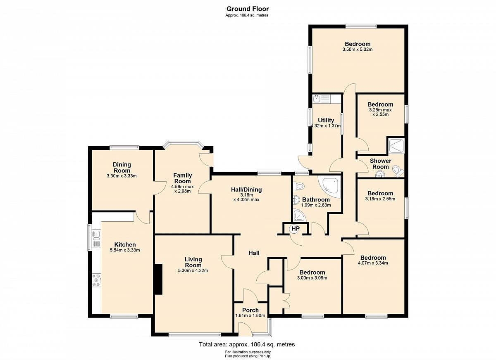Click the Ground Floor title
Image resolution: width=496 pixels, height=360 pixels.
pyautogui.click(x=248, y=9)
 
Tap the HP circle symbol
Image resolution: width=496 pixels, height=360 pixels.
pyautogui.click(x=296, y=229)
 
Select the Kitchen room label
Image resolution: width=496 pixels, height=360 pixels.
pyautogui.click(x=125, y=244)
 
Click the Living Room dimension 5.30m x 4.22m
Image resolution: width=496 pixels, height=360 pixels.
pyautogui.click(x=193, y=270)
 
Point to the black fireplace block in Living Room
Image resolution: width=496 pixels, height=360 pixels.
pyautogui.click(x=159, y=279)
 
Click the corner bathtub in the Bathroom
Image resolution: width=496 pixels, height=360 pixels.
pyautogui.click(x=330, y=187)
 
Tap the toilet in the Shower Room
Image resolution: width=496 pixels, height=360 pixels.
pyautogui.click(x=398, y=171)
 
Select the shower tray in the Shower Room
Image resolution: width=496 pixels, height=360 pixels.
pyautogui.click(x=396, y=146)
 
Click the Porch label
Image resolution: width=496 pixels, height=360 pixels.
pyautogui.click(x=250, y=310)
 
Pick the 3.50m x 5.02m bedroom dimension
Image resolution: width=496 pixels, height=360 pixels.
pyautogui.click(x=358, y=49)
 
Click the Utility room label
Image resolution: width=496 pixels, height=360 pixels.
pyautogui.click(x=326, y=120)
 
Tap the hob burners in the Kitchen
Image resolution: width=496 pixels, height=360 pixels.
pyautogui.click(x=97, y=280)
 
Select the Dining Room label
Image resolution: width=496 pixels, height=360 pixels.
pyautogui.click(x=122, y=168)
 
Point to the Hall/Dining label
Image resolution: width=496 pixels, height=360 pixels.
pyautogui.click(x=246, y=189)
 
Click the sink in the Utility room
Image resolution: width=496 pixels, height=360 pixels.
pyautogui.click(x=317, y=99)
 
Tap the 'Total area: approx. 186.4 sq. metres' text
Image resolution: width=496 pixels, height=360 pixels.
pyautogui.click(x=247, y=344)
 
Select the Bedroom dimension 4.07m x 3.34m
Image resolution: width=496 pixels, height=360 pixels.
pyautogui.click(x=373, y=263)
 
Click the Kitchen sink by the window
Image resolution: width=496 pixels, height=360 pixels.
pyautogui.click(x=96, y=235)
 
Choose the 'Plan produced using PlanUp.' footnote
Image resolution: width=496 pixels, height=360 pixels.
pyautogui.click(x=248, y=356)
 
